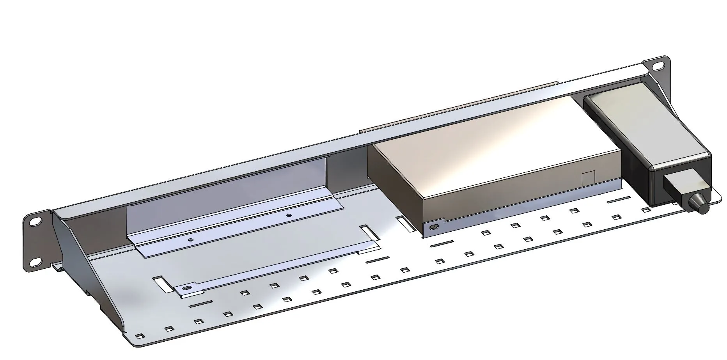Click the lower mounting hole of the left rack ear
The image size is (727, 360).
pos(35,262)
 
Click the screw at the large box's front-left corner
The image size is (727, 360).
pos(434,227)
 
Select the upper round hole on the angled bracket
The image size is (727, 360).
pos(289,215)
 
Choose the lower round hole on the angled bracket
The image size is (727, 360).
pos(190,240)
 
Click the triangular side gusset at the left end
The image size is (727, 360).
pos(78,265)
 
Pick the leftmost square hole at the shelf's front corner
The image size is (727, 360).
pos(139,335)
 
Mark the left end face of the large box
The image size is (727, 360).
pos(394,183)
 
